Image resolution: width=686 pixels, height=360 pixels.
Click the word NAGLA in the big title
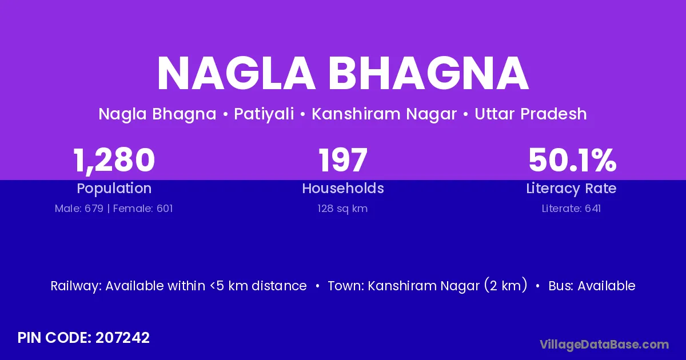point(236,74)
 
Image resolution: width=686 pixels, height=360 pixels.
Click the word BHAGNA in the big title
point(429,74)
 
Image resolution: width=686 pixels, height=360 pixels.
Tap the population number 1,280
point(114,161)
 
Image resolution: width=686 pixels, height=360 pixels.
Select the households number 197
point(342,160)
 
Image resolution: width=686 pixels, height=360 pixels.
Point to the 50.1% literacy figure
point(572,160)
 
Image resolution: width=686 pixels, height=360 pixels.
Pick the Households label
point(342,188)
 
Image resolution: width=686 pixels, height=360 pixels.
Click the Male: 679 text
point(79,209)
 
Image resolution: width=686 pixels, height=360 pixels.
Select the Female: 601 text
point(143,209)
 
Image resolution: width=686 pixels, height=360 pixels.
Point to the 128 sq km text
point(342,209)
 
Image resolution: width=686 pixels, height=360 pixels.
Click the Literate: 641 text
point(571,209)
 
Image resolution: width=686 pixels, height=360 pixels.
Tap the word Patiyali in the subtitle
point(264,114)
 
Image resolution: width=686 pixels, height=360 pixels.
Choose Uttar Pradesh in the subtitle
point(531,114)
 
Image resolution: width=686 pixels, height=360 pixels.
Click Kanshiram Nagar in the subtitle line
point(384,114)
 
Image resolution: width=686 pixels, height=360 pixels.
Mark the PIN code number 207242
point(122,338)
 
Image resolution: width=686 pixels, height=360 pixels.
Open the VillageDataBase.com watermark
point(604,345)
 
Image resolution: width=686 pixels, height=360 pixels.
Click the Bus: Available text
point(592,286)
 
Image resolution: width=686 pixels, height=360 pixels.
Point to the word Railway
point(76,286)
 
